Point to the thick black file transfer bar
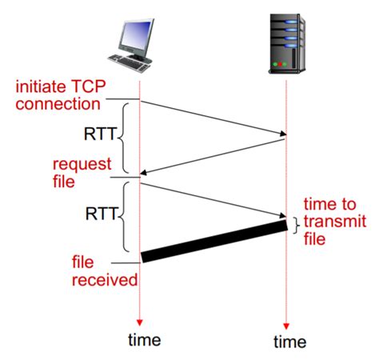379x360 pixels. pos(213,240)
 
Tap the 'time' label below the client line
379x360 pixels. pos(144,339)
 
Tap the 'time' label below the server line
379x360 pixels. pos(289,342)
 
